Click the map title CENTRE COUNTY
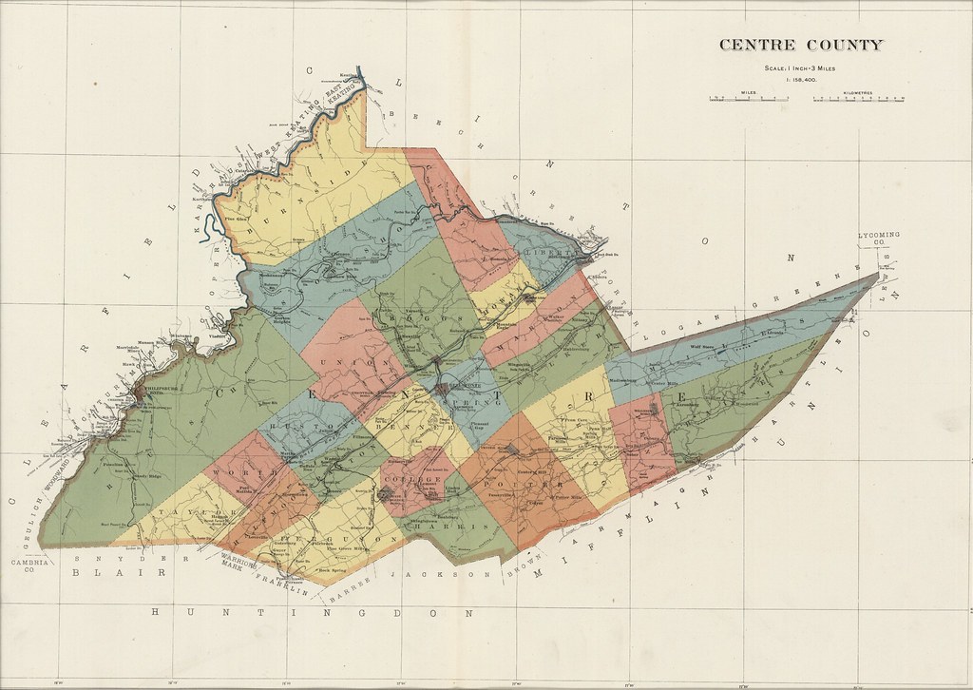[x=801, y=44]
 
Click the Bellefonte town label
[x=445, y=390]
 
